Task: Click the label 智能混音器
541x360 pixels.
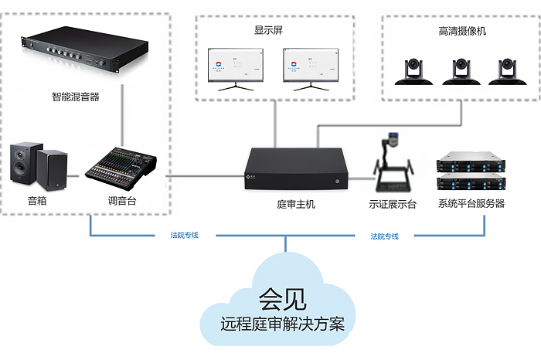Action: click(76, 97)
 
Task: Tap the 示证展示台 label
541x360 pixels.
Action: click(393, 205)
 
